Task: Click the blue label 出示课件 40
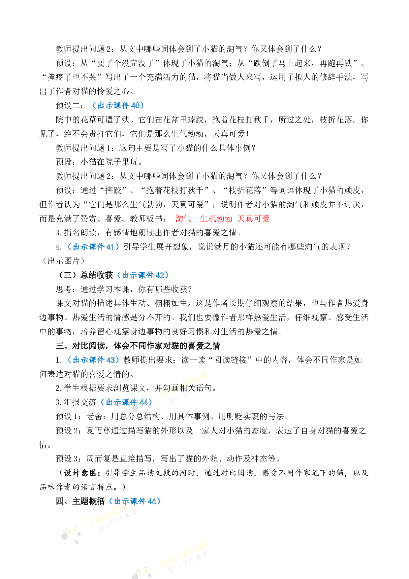[118, 106]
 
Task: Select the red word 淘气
[183, 219]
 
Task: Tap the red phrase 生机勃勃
[216, 219]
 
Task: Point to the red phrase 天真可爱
[253, 219]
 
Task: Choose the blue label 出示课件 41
[93, 247]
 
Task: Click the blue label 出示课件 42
[143, 275]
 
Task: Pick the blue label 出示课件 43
[93, 360]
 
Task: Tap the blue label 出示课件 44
[127, 402]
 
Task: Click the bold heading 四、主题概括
[80, 501]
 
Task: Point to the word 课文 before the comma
[138, 388]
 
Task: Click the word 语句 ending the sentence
[204, 388]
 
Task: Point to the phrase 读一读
[193, 361]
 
